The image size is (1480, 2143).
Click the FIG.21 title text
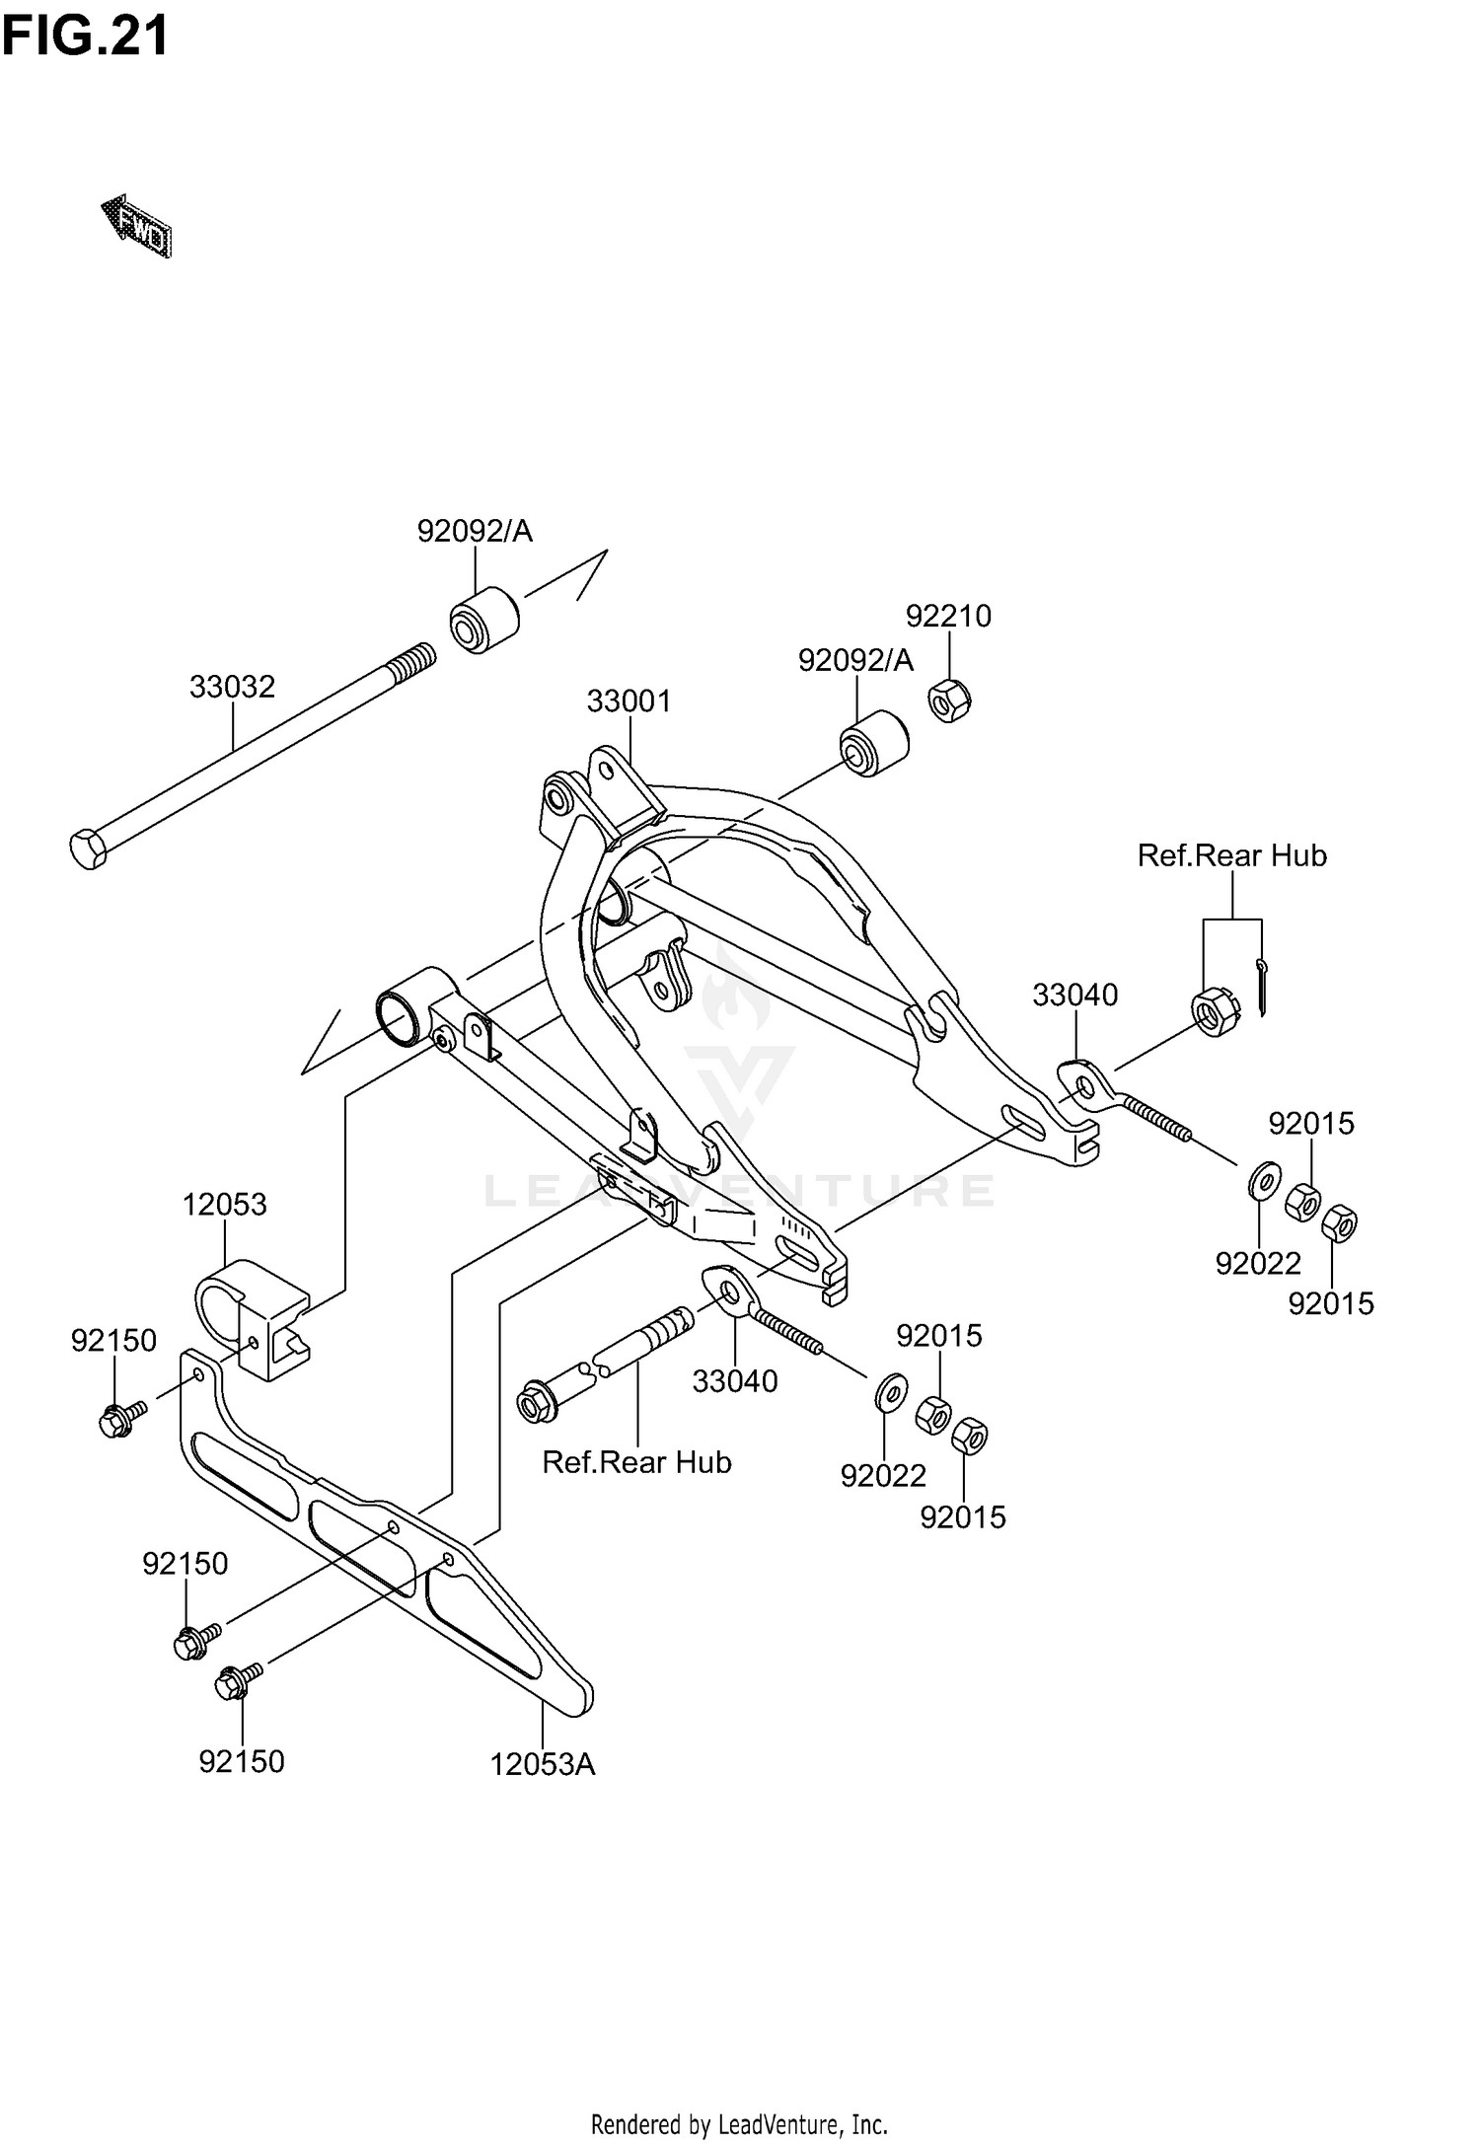85,37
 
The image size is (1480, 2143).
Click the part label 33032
232,686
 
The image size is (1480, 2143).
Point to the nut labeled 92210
949,701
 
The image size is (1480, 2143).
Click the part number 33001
629,702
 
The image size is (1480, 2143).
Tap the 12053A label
543,1763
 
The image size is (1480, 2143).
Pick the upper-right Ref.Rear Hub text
1231,855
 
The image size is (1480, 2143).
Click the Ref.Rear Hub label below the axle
636,1461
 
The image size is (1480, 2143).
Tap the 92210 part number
948,616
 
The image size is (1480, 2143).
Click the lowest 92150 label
242,1761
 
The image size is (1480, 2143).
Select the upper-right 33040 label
1074,995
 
